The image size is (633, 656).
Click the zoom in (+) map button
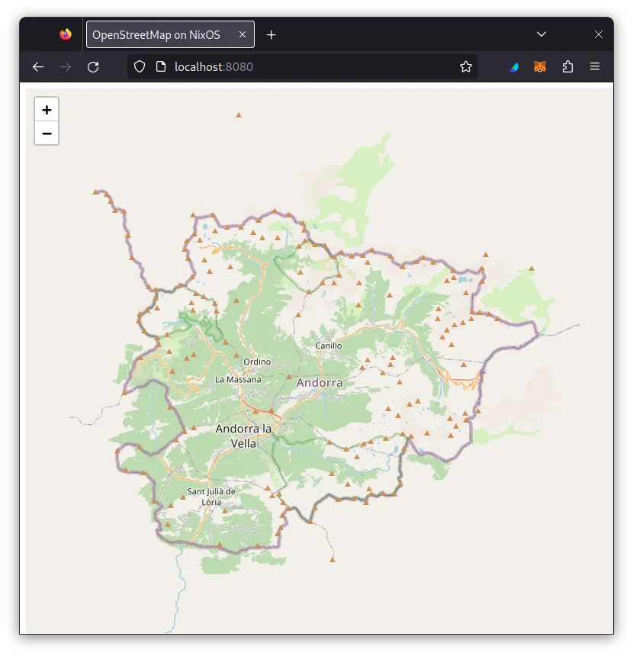click(x=47, y=110)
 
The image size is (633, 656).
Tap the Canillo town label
click(x=329, y=346)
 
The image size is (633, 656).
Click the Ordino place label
click(x=257, y=362)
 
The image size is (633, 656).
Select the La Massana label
click(x=238, y=379)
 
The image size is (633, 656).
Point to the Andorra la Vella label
click(x=243, y=436)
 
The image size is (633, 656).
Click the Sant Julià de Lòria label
click(x=211, y=497)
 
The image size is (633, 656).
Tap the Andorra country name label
click(x=320, y=382)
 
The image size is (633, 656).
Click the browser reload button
click(x=93, y=67)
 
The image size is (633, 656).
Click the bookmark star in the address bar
click(x=466, y=67)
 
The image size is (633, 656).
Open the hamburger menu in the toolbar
click(x=595, y=67)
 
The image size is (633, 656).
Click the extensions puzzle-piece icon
click(x=567, y=67)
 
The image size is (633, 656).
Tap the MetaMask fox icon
click(x=540, y=67)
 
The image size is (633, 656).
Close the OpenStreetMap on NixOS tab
click(x=243, y=34)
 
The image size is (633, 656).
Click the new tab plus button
click(x=272, y=34)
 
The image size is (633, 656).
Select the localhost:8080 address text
click(x=214, y=67)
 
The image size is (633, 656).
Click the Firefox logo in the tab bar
click(x=66, y=34)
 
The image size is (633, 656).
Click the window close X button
click(x=599, y=34)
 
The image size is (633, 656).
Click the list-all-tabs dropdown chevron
click(x=541, y=34)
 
